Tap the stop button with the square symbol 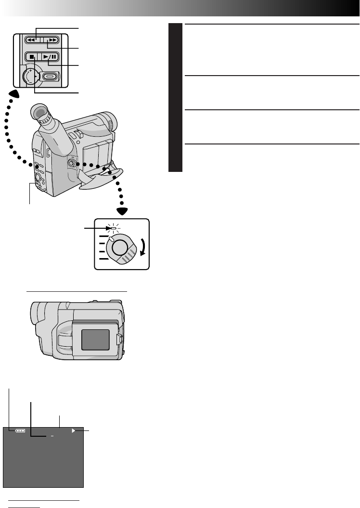31,57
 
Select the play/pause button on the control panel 50,57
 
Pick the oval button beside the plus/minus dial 50,76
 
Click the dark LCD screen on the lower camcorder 95,339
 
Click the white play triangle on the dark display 74,431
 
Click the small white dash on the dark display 52,436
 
